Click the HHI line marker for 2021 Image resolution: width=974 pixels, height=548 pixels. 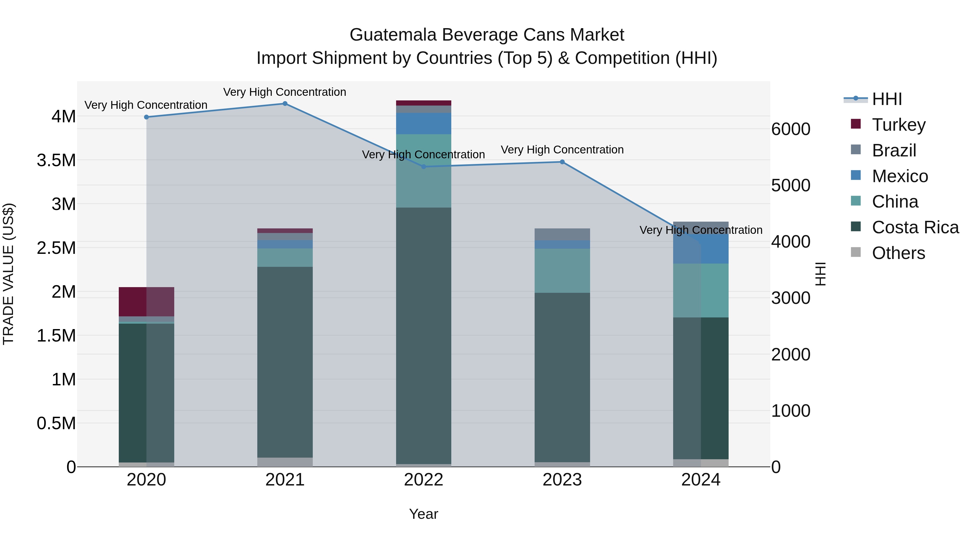click(285, 104)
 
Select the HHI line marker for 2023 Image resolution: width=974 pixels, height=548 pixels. click(562, 162)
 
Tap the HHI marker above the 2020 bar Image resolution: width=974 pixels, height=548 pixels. click(146, 117)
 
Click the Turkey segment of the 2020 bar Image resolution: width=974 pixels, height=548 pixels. click(146, 301)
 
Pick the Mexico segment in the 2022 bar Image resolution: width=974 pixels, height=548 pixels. click(423, 123)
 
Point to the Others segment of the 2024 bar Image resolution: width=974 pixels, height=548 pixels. click(701, 463)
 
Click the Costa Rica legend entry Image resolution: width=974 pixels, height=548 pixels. click(915, 227)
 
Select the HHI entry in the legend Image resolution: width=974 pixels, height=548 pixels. click(887, 99)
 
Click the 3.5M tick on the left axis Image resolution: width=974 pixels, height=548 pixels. click(56, 160)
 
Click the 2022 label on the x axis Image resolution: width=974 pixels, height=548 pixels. click(423, 480)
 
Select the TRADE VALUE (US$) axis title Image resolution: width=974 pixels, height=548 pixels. click(8, 274)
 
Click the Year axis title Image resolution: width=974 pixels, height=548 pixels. click(423, 514)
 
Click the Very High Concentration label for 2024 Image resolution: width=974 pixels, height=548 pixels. click(701, 230)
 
